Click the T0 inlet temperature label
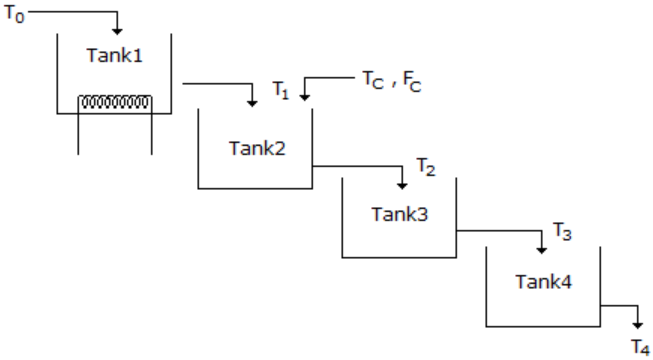tap(15, 15)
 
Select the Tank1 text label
tap(115, 55)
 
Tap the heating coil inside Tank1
tap(115, 102)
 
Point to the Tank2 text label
tap(257, 148)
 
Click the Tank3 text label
tap(400, 214)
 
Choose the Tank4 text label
tap(544, 282)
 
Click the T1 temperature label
tap(281, 90)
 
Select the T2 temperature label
tap(426, 167)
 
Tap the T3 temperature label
tap(562, 231)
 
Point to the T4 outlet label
tap(641, 348)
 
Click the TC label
tap(373, 80)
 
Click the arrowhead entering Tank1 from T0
tap(117, 31)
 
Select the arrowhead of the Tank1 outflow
tap(252, 103)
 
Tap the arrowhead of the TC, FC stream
tap(304, 97)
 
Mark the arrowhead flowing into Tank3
tap(402, 185)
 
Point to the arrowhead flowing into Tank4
tap(541, 250)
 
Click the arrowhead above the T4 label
tap(638, 325)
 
